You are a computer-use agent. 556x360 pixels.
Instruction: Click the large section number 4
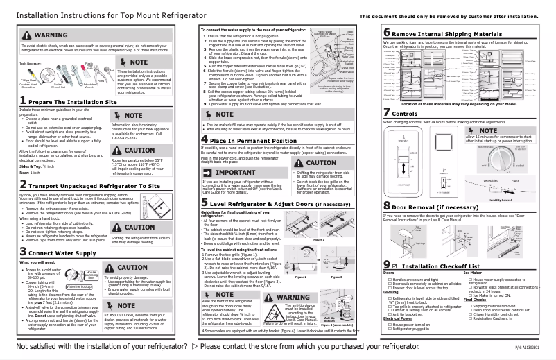(x=204, y=140)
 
